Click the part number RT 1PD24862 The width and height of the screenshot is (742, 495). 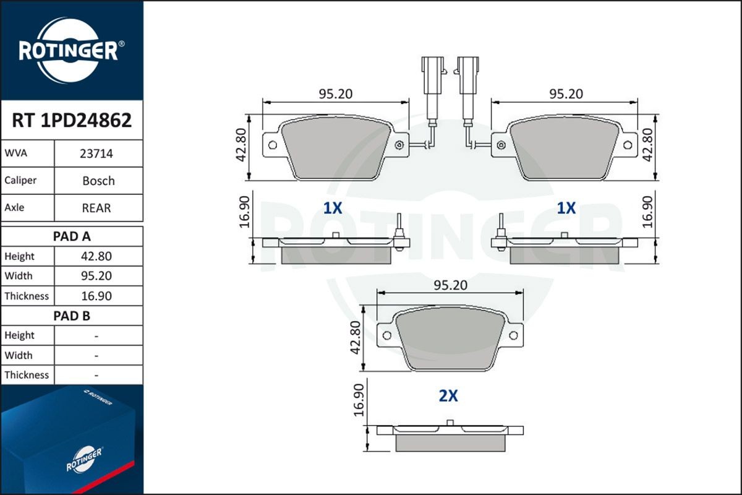(x=72, y=120)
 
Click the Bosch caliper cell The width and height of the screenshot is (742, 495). (x=98, y=181)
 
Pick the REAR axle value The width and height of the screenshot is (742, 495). (x=96, y=208)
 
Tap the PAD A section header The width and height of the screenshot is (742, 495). (x=72, y=236)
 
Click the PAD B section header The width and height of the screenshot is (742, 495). (x=72, y=316)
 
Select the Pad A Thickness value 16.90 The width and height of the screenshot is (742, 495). (x=96, y=296)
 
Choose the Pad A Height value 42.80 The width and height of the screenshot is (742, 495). (x=96, y=256)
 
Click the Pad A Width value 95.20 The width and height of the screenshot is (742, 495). (x=96, y=276)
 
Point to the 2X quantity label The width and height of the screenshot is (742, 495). (x=448, y=396)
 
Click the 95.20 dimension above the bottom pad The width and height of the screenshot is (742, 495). (x=450, y=285)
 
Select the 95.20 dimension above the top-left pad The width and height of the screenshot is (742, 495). (x=335, y=93)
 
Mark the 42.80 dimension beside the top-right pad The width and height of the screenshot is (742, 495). (x=648, y=145)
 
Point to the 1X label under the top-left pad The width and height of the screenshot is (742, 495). (x=333, y=209)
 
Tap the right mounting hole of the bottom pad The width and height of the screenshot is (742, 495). (x=513, y=335)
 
